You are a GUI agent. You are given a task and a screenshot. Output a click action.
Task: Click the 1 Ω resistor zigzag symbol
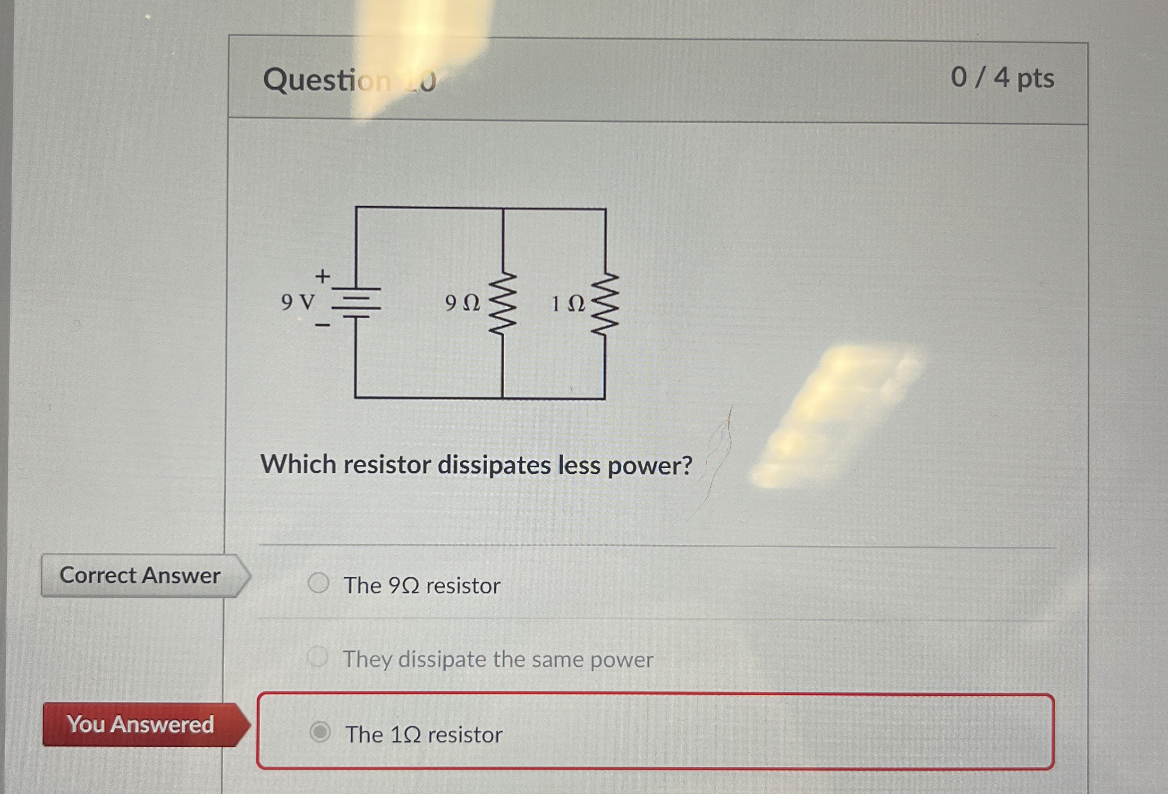pyautogui.click(x=605, y=304)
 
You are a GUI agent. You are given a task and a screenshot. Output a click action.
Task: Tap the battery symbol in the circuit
pyautogui.click(x=356, y=303)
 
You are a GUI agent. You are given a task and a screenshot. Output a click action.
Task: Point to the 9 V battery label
pyautogui.click(x=297, y=303)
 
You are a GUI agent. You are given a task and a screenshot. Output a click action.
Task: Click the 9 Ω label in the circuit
pyautogui.click(x=462, y=303)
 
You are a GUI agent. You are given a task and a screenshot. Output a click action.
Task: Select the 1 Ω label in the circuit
pyautogui.click(x=568, y=304)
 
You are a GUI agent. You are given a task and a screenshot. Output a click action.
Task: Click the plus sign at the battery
pyautogui.click(x=322, y=276)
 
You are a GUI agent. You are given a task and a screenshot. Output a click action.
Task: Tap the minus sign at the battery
pyautogui.click(x=322, y=326)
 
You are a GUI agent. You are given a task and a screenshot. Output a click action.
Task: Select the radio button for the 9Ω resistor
pyautogui.click(x=319, y=583)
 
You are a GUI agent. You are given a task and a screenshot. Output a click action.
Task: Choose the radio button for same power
pyautogui.click(x=318, y=656)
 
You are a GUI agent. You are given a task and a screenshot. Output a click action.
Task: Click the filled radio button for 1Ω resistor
pyautogui.click(x=320, y=732)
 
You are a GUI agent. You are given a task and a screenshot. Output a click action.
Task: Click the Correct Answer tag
pyautogui.click(x=140, y=575)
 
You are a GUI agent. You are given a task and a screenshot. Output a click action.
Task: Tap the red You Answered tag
pyautogui.click(x=141, y=724)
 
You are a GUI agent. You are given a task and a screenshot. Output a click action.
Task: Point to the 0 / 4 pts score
pyautogui.click(x=1002, y=78)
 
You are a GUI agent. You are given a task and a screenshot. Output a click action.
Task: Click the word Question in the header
pyautogui.click(x=327, y=80)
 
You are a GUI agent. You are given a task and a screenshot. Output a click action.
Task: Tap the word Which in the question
pyautogui.click(x=298, y=464)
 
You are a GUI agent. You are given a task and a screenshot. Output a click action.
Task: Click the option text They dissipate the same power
pyautogui.click(x=498, y=659)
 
